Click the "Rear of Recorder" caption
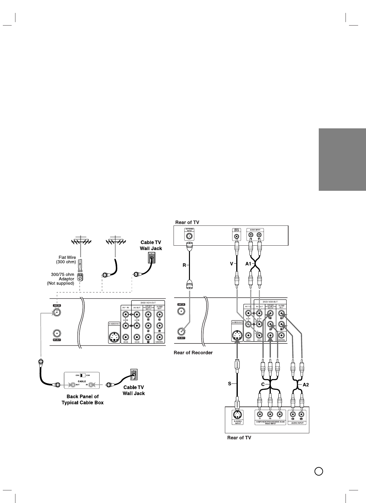193,352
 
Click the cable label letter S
230,384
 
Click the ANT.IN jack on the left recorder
57,313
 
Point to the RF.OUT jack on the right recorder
181,331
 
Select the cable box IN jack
91,385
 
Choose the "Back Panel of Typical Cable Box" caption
83,400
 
